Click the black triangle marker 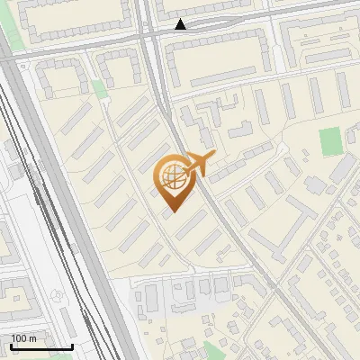(x=181, y=24)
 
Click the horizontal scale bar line (x=41, y=346)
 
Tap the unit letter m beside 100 (x=32, y=338)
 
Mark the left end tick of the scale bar (x=11, y=346)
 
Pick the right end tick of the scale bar (x=72, y=346)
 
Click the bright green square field (x=330, y=140)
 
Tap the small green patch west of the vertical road (x=98, y=88)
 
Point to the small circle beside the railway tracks (x=59, y=295)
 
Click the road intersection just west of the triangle (x=150, y=32)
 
